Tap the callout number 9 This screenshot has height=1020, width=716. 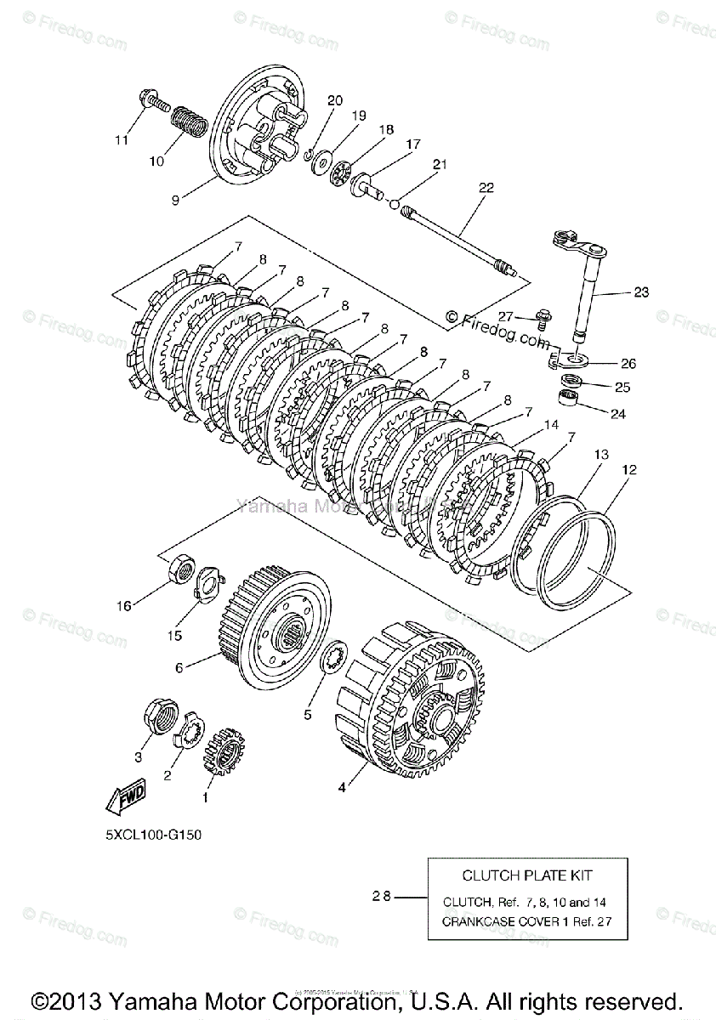click(x=174, y=201)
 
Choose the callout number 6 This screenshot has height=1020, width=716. click(x=179, y=668)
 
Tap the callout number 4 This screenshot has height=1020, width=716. click(x=342, y=788)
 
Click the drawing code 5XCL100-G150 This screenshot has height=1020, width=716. click(x=154, y=834)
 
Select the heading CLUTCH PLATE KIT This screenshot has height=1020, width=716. click(x=527, y=875)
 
